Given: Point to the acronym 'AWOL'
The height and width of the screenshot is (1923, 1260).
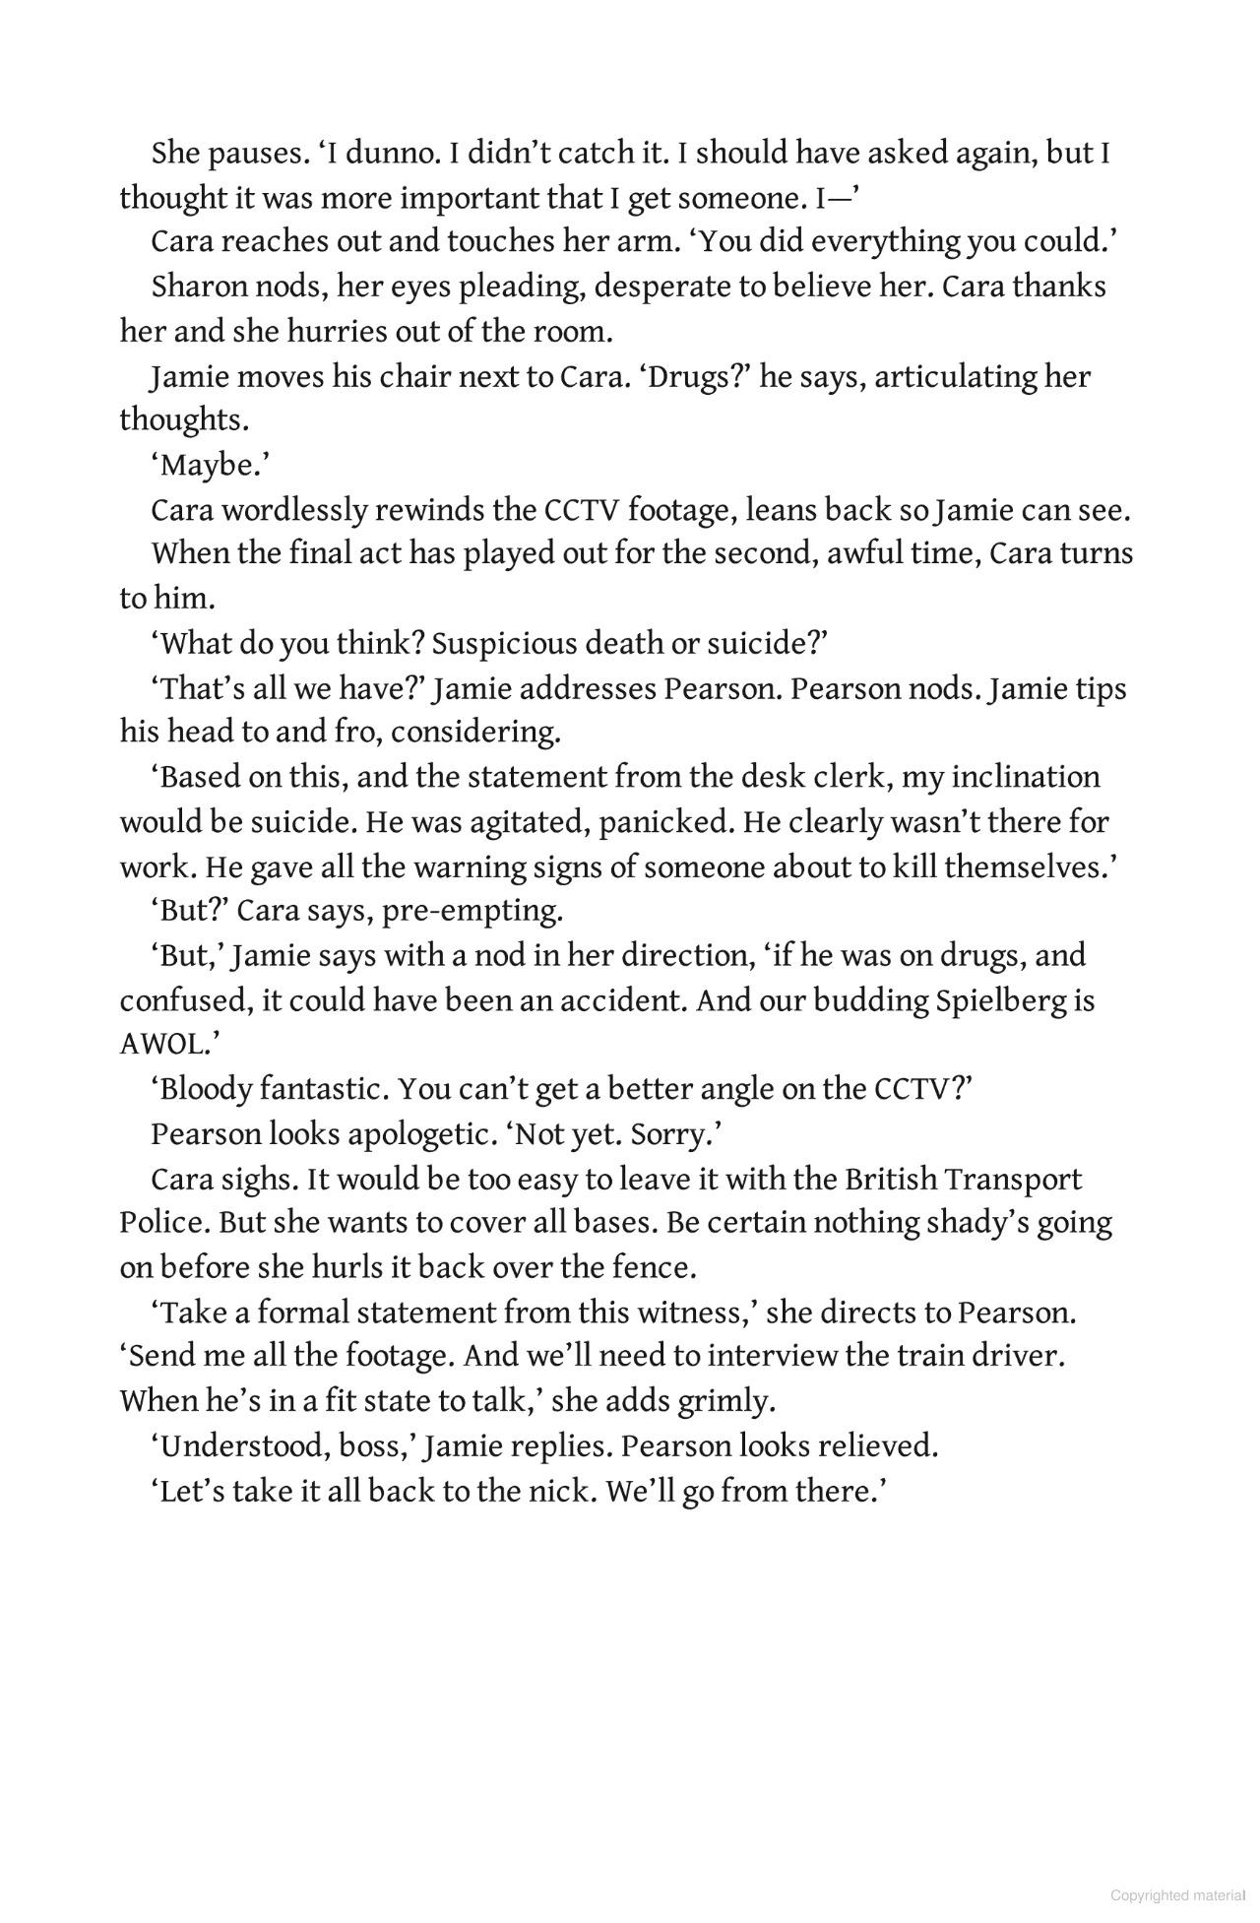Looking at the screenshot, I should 163,1045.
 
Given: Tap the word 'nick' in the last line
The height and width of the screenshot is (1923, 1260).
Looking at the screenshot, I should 560,1491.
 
